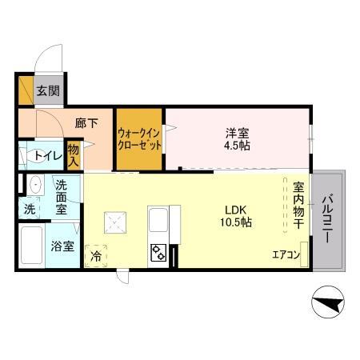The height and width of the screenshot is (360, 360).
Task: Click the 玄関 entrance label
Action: (x=47, y=90)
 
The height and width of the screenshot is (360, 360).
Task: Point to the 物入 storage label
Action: (x=74, y=154)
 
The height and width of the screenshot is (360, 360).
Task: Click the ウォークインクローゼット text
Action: (x=140, y=139)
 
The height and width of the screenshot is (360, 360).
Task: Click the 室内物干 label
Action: (x=297, y=204)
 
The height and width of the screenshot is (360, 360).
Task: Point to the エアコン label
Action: (x=285, y=255)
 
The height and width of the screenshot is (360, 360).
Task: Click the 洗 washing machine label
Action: (x=29, y=210)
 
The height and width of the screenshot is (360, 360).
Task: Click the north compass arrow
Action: (x=328, y=304)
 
